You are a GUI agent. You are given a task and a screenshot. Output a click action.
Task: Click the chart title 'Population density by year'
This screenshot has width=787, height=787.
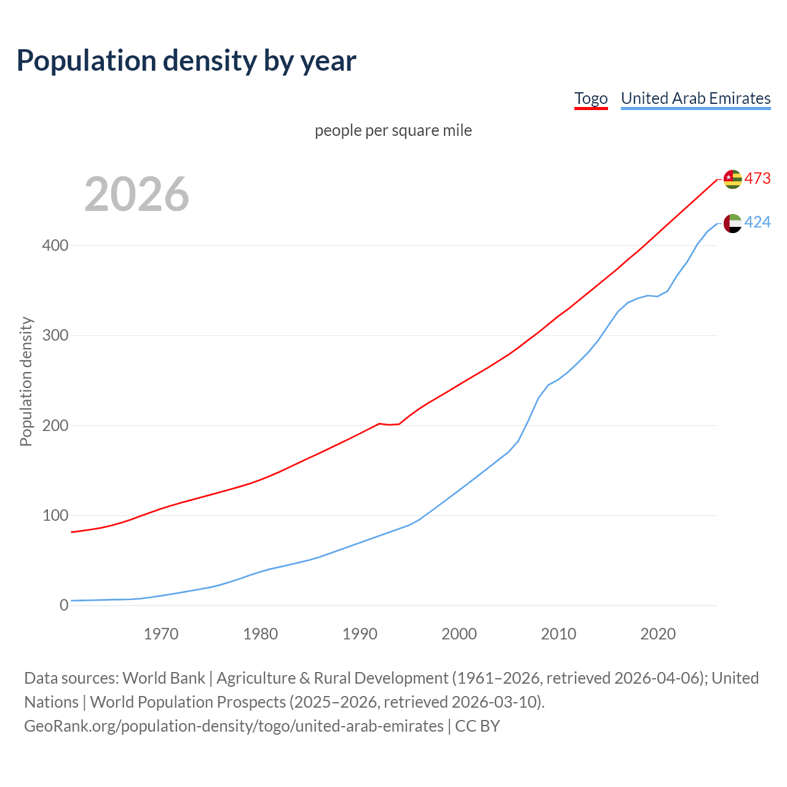[186, 60]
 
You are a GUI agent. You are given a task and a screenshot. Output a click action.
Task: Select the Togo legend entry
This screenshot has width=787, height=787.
[591, 98]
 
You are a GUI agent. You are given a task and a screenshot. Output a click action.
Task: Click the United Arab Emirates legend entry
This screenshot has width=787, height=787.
[695, 98]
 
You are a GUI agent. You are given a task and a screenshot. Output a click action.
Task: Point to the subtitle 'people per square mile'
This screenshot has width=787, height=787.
[393, 130]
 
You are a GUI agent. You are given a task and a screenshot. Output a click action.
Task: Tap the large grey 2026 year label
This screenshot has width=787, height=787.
[136, 194]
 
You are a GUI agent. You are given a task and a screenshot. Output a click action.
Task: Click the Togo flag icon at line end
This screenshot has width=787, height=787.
[732, 179]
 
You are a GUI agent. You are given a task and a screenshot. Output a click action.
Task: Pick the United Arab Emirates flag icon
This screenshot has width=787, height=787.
[732, 223]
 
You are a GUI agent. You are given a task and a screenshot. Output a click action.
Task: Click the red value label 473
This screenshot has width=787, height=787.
[757, 178]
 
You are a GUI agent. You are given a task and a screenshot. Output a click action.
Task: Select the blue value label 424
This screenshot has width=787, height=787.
[757, 223]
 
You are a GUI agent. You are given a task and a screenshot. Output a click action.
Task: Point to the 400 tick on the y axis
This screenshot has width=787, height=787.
[55, 246]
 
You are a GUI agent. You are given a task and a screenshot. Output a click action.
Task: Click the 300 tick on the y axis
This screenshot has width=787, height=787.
[55, 336]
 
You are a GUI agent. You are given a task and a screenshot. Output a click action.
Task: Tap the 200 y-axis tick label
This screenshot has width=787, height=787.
[55, 425]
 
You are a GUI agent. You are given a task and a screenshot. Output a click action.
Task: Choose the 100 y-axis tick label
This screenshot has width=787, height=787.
[55, 515]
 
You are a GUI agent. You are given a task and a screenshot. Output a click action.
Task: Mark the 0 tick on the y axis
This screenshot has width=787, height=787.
[64, 605]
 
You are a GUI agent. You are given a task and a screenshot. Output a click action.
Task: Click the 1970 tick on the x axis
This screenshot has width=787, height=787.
[161, 634]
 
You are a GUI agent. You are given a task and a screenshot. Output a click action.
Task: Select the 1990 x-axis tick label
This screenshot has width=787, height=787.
[360, 634]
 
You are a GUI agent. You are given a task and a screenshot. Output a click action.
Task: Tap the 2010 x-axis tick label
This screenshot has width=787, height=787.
[558, 634]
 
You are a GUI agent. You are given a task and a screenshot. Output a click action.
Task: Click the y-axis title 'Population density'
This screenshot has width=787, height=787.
[26, 381]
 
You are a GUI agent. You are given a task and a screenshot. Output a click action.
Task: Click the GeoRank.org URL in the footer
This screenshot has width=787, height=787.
[234, 726]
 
